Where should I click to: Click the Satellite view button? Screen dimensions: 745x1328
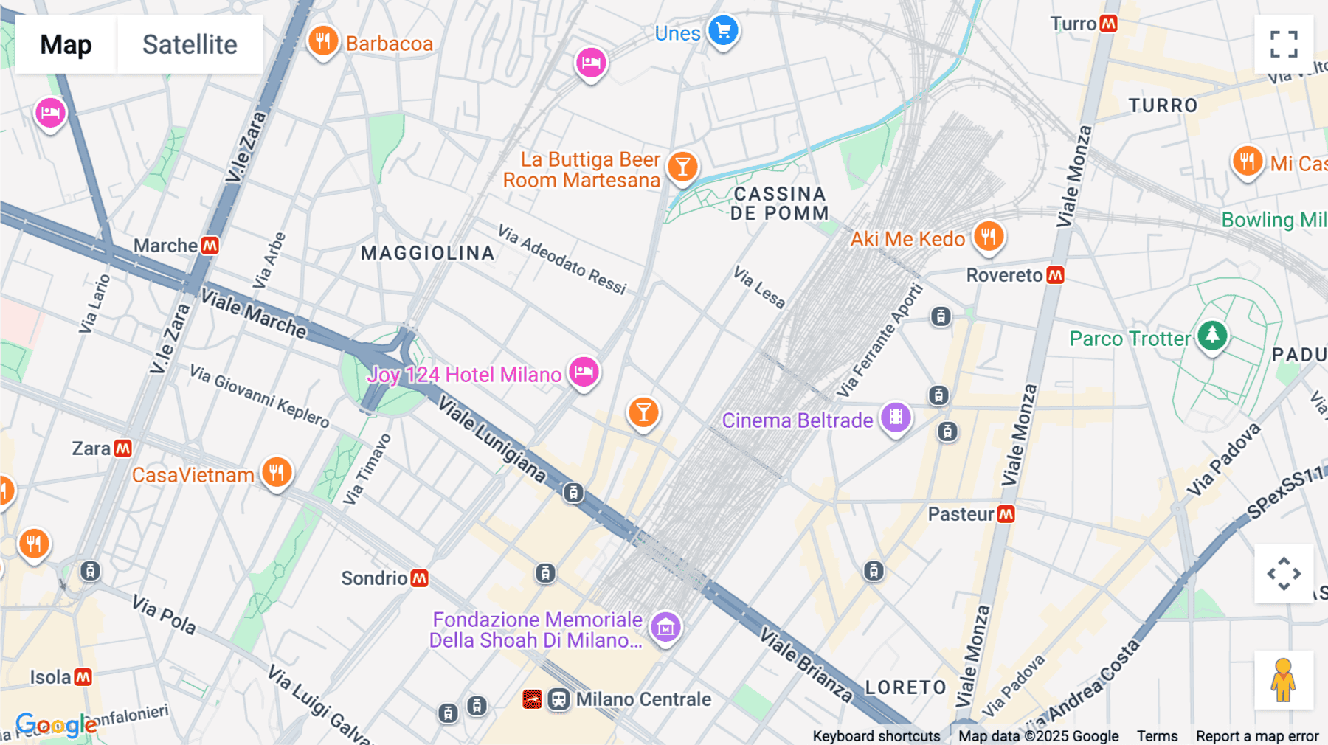pos(190,44)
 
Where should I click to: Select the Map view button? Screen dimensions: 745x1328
pos(66,44)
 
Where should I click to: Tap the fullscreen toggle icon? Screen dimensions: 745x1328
pos(1284,44)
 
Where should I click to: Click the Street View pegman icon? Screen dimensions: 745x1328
pos(1283,679)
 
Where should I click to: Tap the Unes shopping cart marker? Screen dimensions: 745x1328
pos(723,31)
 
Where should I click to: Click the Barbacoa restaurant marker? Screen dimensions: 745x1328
pos(322,41)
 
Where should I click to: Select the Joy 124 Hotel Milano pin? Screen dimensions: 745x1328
pos(584,372)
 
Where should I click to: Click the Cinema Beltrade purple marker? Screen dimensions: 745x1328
pos(896,417)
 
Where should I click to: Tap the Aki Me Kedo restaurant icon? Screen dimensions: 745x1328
pos(989,237)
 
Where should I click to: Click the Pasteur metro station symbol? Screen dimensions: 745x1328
pos(1006,514)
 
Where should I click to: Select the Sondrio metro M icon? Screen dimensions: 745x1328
pos(420,578)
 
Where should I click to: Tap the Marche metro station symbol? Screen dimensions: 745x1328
pos(210,246)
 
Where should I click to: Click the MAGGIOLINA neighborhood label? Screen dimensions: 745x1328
pos(427,253)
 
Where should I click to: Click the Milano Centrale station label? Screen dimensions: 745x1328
pos(643,699)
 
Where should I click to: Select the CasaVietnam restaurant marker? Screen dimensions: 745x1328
pos(277,472)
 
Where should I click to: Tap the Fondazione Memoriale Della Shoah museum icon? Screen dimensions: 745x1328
pos(665,627)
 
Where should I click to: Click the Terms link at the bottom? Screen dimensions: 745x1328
pos(1157,735)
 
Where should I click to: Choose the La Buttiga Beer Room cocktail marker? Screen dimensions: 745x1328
pos(682,167)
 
